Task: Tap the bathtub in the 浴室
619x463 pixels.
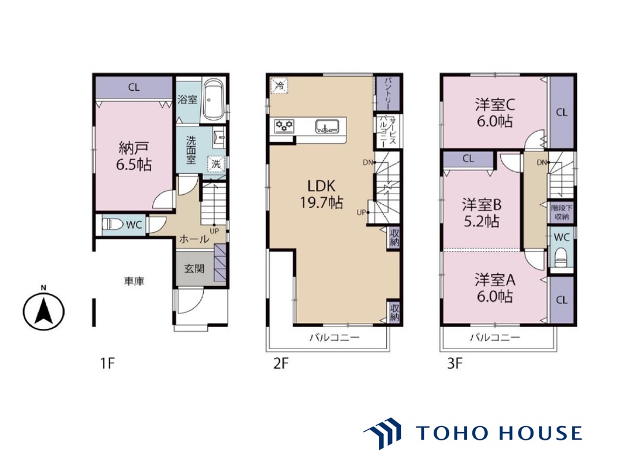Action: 214,100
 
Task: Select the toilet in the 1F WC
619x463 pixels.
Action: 112,224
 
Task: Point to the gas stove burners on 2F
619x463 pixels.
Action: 284,126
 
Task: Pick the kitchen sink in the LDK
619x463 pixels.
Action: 327,126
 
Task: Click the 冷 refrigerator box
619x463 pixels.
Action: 279,85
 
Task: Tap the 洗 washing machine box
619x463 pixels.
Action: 216,164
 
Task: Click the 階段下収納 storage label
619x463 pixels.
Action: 561,212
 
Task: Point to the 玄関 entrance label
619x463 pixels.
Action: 194,268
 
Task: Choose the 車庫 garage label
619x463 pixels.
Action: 134,281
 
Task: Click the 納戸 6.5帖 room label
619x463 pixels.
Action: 134,157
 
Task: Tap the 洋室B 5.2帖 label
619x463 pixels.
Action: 482,213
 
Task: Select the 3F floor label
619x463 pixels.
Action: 454,363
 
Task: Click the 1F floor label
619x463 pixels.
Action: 108,363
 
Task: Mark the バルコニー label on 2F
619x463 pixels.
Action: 334,338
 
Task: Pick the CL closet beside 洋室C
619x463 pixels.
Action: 561,112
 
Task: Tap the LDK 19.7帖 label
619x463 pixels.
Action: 321,194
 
